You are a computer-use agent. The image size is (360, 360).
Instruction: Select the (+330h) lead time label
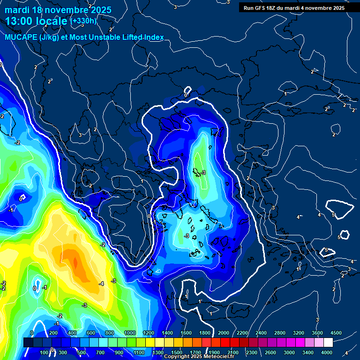coord(83,21)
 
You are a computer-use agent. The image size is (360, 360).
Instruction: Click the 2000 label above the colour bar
coord(224,333)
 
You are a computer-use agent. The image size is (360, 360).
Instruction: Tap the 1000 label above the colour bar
coord(130,333)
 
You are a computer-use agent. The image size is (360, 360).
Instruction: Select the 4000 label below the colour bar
coord(327,352)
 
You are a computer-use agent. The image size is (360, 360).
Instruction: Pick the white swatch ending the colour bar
coord(328,343)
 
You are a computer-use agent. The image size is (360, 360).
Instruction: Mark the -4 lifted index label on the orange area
coord(101,284)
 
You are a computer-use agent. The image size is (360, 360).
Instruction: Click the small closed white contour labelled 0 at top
coord(187,91)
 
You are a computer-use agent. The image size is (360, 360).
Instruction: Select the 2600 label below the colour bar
coord(270,352)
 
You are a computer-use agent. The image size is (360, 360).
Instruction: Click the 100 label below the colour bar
coord(45,352)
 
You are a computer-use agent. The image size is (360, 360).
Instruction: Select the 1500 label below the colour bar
coord(176,352)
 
